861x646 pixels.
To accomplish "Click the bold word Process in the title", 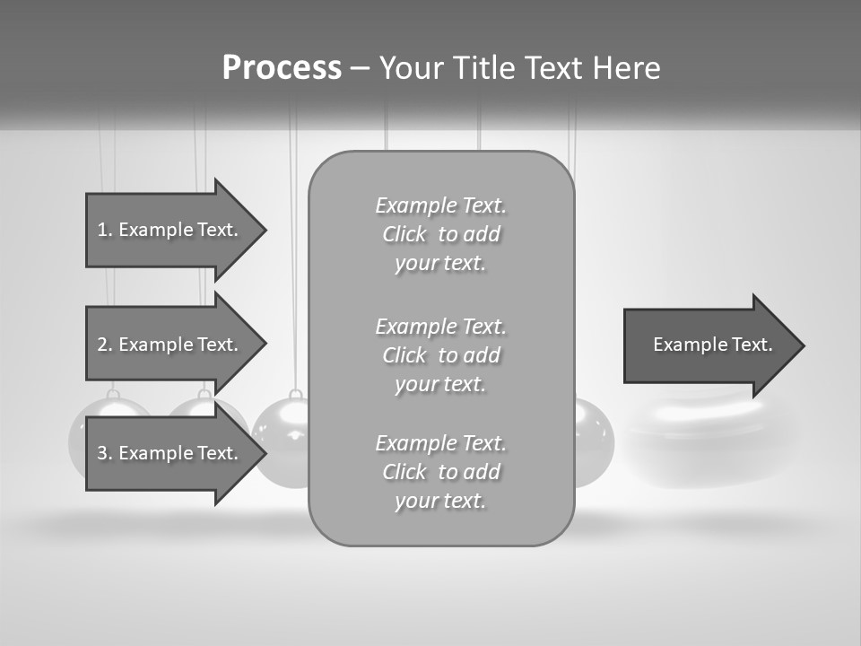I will pyautogui.click(x=282, y=68).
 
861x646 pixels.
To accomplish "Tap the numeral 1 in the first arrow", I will pyautogui.click(x=103, y=230).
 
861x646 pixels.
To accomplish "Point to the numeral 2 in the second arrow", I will pyautogui.click(x=103, y=345).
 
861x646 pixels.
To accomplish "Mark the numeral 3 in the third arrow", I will pyautogui.click(x=103, y=453).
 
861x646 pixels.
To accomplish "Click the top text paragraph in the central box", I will pyautogui.click(x=440, y=234).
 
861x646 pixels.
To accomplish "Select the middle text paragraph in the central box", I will pyautogui.click(x=440, y=355).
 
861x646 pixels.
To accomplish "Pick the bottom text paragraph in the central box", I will pyautogui.click(x=440, y=472).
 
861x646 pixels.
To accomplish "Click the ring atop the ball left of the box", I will pyautogui.click(x=294, y=395).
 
